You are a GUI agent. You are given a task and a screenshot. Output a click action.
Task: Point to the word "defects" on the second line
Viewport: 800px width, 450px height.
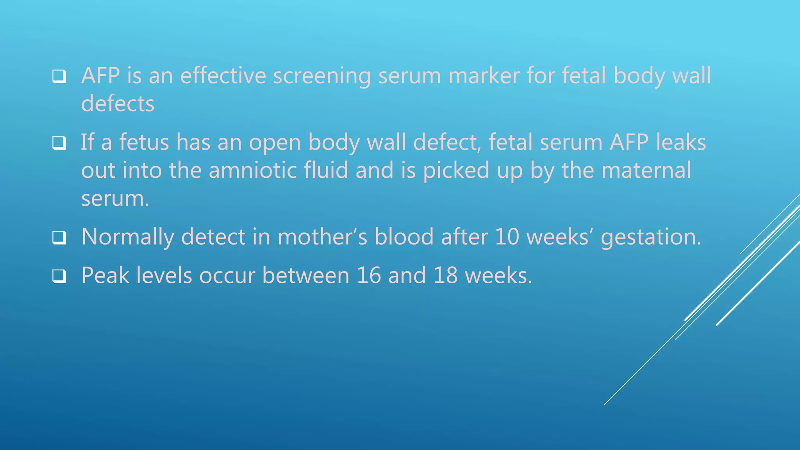click(x=118, y=104)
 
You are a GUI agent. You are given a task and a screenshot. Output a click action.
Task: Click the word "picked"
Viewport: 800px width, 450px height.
click(x=456, y=171)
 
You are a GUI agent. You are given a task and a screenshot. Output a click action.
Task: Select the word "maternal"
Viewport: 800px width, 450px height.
click(x=646, y=170)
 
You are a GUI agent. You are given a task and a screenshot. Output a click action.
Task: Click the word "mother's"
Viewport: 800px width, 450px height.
click(x=323, y=237)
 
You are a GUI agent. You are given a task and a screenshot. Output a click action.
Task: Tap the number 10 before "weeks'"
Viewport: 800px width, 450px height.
click(x=507, y=237)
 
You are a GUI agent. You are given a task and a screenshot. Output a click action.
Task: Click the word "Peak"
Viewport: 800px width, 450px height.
click(x=105, y=275)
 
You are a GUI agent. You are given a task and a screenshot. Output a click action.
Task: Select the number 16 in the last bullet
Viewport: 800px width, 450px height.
click(x=368, y=275)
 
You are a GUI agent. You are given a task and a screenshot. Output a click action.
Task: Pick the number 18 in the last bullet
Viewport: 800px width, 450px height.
click(x=445, y=275)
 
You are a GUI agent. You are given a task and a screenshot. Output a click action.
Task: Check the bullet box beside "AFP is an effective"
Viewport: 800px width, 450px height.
click(x=59, y=76)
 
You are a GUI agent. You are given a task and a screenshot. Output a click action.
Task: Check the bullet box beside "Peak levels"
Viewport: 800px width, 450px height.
click(x=59, y=276)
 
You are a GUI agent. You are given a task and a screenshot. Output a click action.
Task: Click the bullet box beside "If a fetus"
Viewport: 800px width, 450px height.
click(x=59, y=143)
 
